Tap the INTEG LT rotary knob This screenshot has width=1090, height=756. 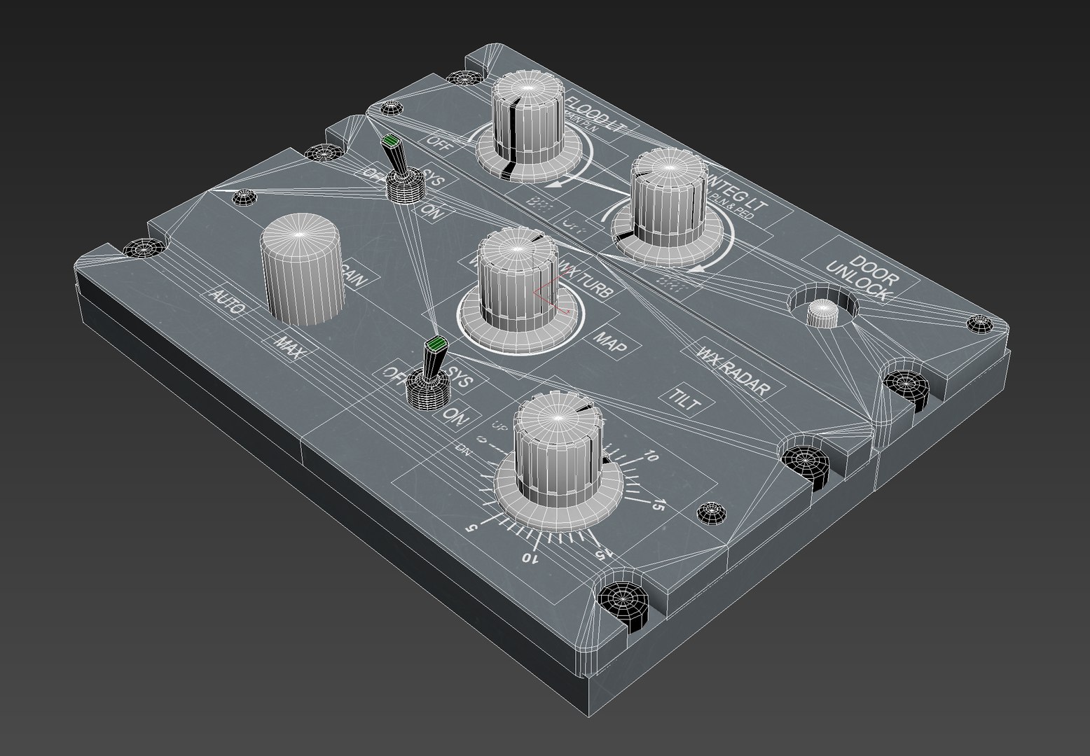tap(668, 196)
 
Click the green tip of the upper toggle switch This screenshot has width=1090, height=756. tap(390, 143)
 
